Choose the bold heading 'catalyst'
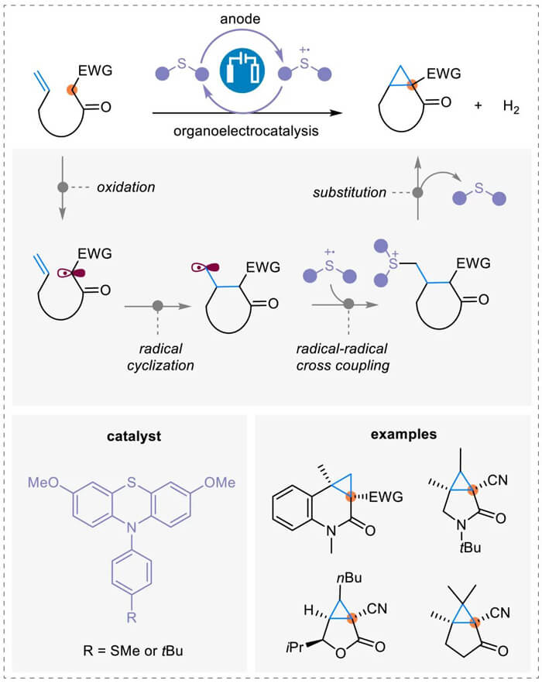[130, 434]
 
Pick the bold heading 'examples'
[393, 434]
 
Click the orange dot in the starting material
[70, 90]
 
